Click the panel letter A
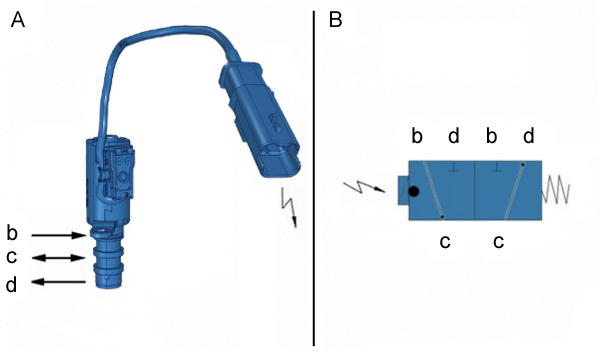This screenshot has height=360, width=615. [x=18, y=20]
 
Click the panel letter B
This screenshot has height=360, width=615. [x=336, y=19]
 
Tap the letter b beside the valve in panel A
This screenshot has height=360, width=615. [x=12, y=233]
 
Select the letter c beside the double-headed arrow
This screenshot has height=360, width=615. [x=12, y=257]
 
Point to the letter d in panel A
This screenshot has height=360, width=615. [x=11, y=284]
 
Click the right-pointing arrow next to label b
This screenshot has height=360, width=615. [x=59, y=235]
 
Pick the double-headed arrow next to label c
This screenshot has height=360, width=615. [x=59, y=258]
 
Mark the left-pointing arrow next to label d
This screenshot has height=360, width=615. [x=59, y=282]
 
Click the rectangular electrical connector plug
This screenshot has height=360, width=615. [x=260, y=120]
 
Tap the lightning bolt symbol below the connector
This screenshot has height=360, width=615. [x=289, y=207]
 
